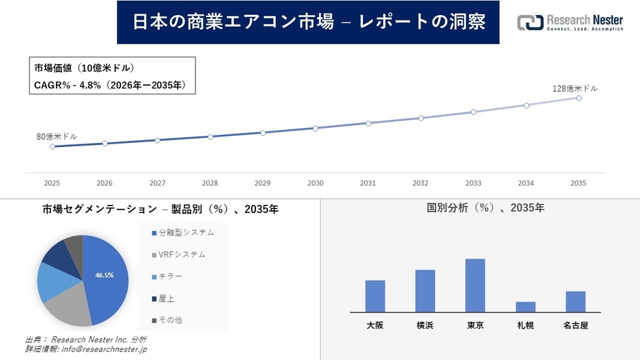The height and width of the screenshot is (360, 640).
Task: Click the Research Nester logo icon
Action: tap(530, 22)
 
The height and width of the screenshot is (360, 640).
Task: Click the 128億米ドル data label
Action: tap(575, 88)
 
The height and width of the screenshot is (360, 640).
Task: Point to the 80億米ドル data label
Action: tap(57, 137)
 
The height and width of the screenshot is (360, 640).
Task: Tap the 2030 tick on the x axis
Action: tap(315, 183)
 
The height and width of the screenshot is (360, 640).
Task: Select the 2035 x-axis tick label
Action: tap(579, 183)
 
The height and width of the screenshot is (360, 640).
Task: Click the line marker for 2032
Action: tap(421, 118)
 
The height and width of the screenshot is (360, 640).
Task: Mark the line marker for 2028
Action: tap(210, 137)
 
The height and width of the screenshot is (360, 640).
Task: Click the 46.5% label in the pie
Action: tap(104, 275)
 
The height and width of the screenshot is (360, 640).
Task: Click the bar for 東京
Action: tap(475, 285)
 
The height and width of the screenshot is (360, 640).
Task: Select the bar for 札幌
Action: tap(526, 307)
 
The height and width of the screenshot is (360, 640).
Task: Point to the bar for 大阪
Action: tap(375, 296)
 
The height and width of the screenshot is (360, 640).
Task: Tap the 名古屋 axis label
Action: tap(575, 325)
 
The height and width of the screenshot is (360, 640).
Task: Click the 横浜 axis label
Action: tap(425, 325)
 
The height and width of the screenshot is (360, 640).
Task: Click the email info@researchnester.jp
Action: tap(103, 349)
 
